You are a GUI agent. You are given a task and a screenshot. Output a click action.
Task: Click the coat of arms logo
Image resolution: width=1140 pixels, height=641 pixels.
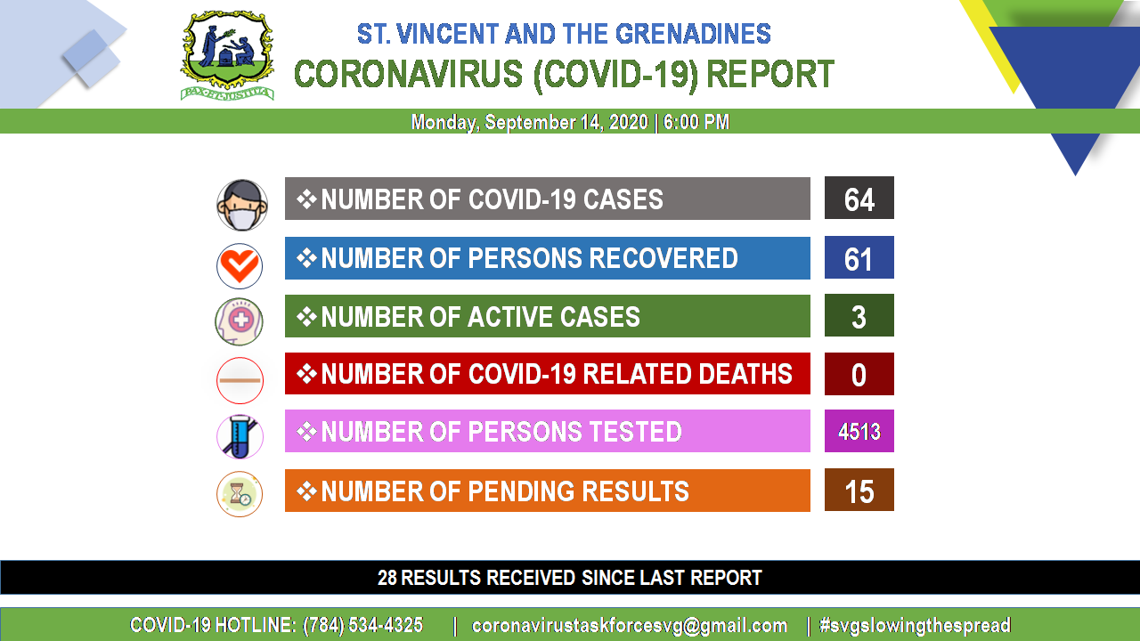click(227, 55)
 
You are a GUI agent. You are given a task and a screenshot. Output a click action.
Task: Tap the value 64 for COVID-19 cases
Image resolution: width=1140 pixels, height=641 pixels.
click(859, 199)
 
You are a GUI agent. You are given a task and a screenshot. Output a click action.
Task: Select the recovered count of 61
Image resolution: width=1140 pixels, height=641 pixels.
click(858, 259)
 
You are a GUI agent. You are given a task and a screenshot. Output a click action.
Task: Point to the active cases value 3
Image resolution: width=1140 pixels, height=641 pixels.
click(859, 317)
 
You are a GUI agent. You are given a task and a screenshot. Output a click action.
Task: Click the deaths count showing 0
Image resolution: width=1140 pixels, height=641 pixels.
click(859, 375)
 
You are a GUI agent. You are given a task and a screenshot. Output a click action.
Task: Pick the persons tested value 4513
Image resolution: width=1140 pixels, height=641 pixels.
click(859, 432)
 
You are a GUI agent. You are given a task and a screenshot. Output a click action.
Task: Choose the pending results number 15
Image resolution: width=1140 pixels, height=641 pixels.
click(859, 492)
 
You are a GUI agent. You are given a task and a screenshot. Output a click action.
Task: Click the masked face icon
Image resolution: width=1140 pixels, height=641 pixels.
click(241, 205)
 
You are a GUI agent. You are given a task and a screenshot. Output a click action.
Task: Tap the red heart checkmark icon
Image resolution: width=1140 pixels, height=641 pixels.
click(240, 266)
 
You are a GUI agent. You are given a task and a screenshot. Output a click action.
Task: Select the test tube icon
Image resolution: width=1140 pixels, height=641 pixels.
click(240, 436)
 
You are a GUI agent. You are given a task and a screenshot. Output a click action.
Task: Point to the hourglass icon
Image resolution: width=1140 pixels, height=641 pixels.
click(240, 494)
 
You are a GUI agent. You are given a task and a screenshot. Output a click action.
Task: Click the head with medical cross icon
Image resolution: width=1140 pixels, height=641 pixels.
click(240, 321)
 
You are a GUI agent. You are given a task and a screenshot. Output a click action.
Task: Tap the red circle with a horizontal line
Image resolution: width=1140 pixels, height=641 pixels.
click(240, 380)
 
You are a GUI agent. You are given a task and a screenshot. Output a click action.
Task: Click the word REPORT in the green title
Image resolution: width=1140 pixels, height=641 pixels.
click(770, 74)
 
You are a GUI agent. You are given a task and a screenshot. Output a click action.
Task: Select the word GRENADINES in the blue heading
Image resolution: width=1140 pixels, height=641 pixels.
click(693, 34)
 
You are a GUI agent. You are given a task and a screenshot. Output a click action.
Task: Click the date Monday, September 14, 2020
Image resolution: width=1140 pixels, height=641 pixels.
click(529, 122)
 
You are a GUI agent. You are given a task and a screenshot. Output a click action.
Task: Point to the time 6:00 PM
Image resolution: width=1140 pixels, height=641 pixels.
click(696, 122)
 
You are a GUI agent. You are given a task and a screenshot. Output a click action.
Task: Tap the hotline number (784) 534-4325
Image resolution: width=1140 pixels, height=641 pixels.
click(362, 625)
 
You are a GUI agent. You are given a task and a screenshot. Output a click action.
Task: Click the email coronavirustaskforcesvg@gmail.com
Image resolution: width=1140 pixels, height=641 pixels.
click(630, 625)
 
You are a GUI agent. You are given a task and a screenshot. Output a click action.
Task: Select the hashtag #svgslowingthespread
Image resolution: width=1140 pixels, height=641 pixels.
click(915, 625)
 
